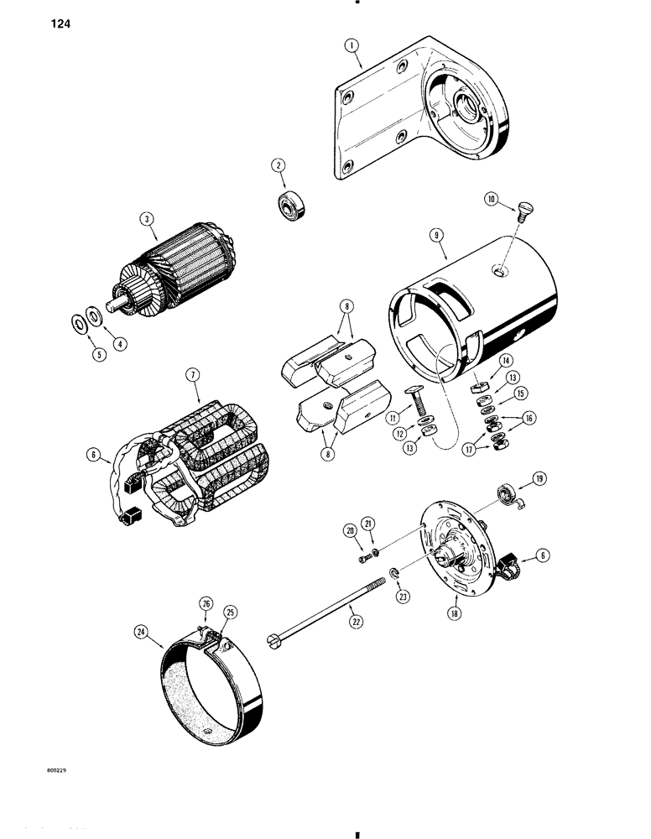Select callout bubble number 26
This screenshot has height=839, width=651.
point(204,602)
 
